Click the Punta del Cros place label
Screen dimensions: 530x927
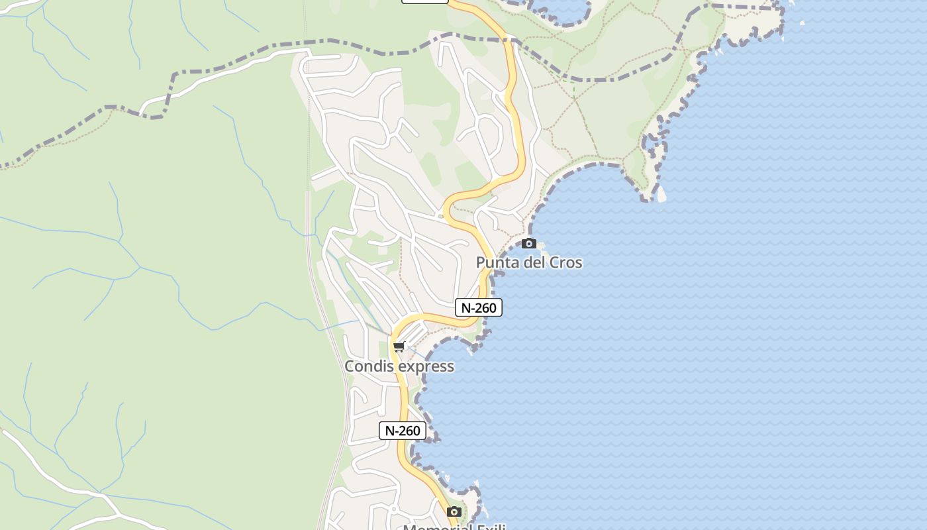[x=529, y=262]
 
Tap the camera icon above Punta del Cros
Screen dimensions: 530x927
[x=528, y=244]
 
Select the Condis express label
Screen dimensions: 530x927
[x=399, y=366]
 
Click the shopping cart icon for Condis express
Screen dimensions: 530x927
[x=399, y=346]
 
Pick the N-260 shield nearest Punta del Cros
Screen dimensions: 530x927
[x=479, y=307]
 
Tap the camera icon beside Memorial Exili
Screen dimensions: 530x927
[x=454, y=511]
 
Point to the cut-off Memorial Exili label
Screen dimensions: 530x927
[x=454, y=527]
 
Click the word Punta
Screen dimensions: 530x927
[x=497, y=262]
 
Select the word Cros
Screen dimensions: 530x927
[x=565, y=262]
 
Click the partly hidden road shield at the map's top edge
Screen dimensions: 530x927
[x=425, y=1]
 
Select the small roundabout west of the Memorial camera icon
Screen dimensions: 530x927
[x=393, y=509]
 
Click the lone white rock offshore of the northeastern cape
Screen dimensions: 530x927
[x=803, y=23]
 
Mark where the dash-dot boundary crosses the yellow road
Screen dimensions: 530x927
[x=511, y=41]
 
